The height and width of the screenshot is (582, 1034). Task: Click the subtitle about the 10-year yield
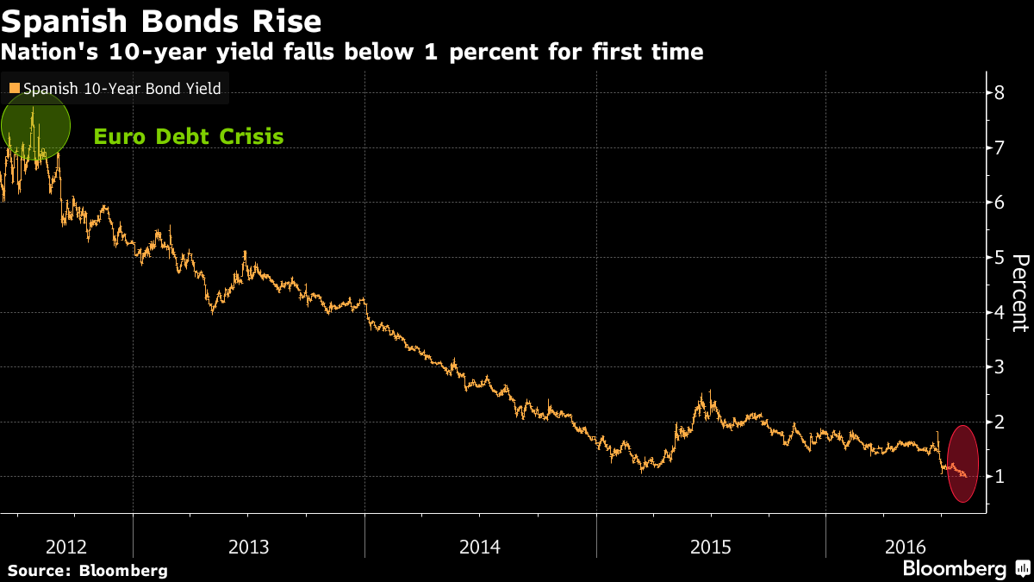352,53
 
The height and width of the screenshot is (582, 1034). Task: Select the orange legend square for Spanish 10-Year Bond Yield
14,88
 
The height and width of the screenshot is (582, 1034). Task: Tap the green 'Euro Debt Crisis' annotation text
188,136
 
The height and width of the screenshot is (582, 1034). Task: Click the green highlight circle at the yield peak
34,126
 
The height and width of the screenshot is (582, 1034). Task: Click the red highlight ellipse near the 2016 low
962,464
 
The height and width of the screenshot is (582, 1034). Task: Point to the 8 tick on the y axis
999,92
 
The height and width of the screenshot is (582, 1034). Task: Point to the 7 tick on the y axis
999,147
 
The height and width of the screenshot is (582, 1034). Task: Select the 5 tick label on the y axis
999,257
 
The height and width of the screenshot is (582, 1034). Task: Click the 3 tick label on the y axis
999,367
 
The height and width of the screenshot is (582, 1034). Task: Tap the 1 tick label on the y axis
999,477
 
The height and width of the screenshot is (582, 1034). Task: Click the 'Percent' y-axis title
1020,293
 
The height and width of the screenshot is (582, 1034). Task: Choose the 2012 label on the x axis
65,547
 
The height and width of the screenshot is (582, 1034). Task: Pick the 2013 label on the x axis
248,547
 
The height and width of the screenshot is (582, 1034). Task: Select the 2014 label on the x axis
480,547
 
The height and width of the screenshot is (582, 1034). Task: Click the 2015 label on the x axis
711,547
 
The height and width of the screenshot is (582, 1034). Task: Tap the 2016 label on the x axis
906,547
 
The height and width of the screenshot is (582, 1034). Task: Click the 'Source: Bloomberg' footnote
88,571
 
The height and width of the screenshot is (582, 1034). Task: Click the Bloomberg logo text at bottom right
954,569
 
